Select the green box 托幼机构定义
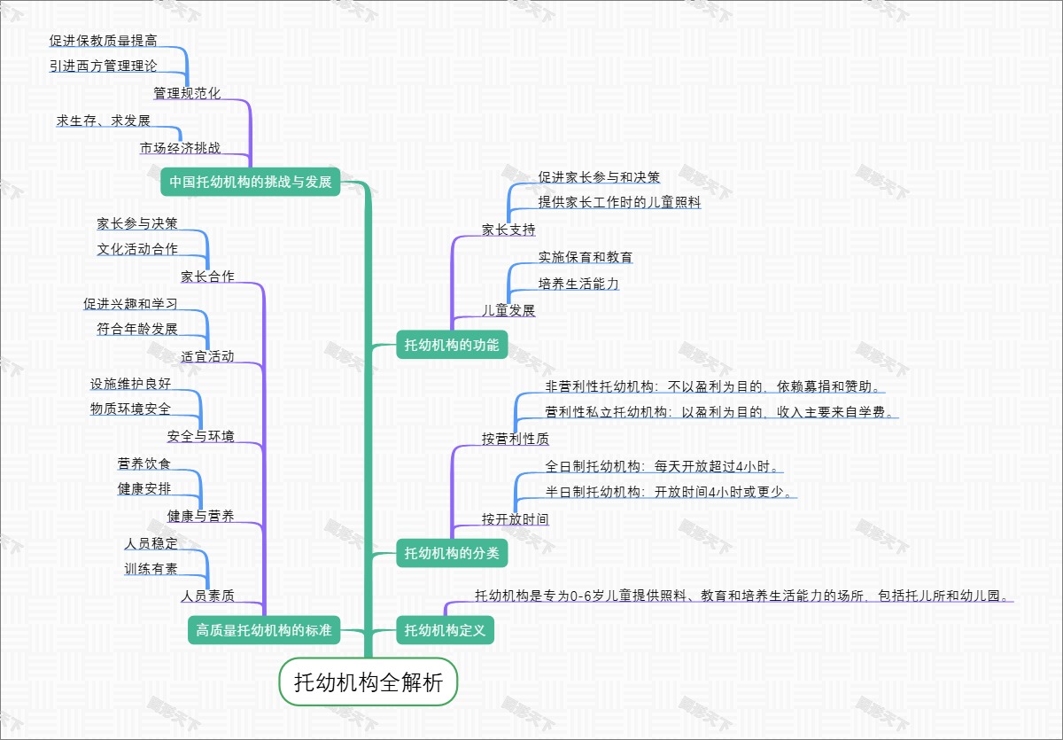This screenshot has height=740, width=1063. (x=445, y=631)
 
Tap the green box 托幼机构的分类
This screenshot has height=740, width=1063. (x=452, y=554)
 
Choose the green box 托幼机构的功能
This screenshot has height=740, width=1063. (x=452, y=344)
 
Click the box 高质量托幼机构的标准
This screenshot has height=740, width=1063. (x=264, y=631)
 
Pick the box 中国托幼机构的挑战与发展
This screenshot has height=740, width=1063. (x=251, y=183)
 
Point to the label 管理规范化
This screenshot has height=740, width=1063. (x=187, y=93)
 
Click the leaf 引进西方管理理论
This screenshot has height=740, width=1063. (x=104, y=66)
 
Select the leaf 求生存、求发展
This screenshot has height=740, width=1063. (x=104, y=121)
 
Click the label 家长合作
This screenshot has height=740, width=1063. (x=207, y=277)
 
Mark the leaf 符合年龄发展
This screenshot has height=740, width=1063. (x=137, y=330)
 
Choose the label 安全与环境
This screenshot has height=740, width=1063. (x=201, y=436)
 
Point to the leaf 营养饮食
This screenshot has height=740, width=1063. (x=144, y=463)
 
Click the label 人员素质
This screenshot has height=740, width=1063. (x=207, y=596)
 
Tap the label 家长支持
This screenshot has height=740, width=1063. (x=508, y=230)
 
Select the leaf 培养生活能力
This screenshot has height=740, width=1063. (x=578, y=284)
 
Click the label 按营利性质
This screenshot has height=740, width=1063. (x=515, y=439)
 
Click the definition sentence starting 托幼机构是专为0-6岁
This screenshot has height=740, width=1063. (x=742, y=596)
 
